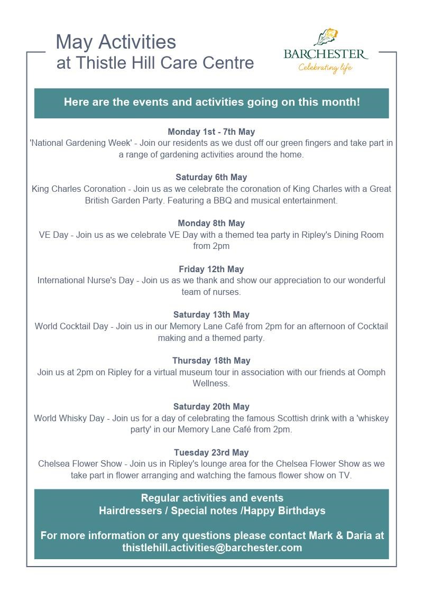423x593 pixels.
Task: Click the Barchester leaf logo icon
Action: pos(326,37)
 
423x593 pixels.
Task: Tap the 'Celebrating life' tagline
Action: pos(325,68)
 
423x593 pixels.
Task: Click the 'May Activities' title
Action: pos(116,41)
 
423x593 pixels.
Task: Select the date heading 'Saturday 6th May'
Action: pos(211,177)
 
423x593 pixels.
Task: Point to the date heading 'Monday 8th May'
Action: pos(211,223)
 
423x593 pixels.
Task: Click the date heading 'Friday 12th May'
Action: pos(211,269)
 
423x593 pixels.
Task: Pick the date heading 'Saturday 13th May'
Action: pos(211,314)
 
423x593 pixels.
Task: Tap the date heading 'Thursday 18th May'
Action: pos(211,360)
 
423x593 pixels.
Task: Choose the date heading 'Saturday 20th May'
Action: pos(211,406)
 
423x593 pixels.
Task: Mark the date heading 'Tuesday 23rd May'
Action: pos(211,452)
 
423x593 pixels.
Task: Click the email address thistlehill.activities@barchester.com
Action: pos(212,548)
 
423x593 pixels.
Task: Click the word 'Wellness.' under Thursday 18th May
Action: pos(211,383)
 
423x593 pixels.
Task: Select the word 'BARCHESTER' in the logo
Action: pos(325,54)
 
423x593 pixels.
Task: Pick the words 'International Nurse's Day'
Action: pos(85,281)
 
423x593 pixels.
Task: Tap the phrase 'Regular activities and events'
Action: pos(212,498)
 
